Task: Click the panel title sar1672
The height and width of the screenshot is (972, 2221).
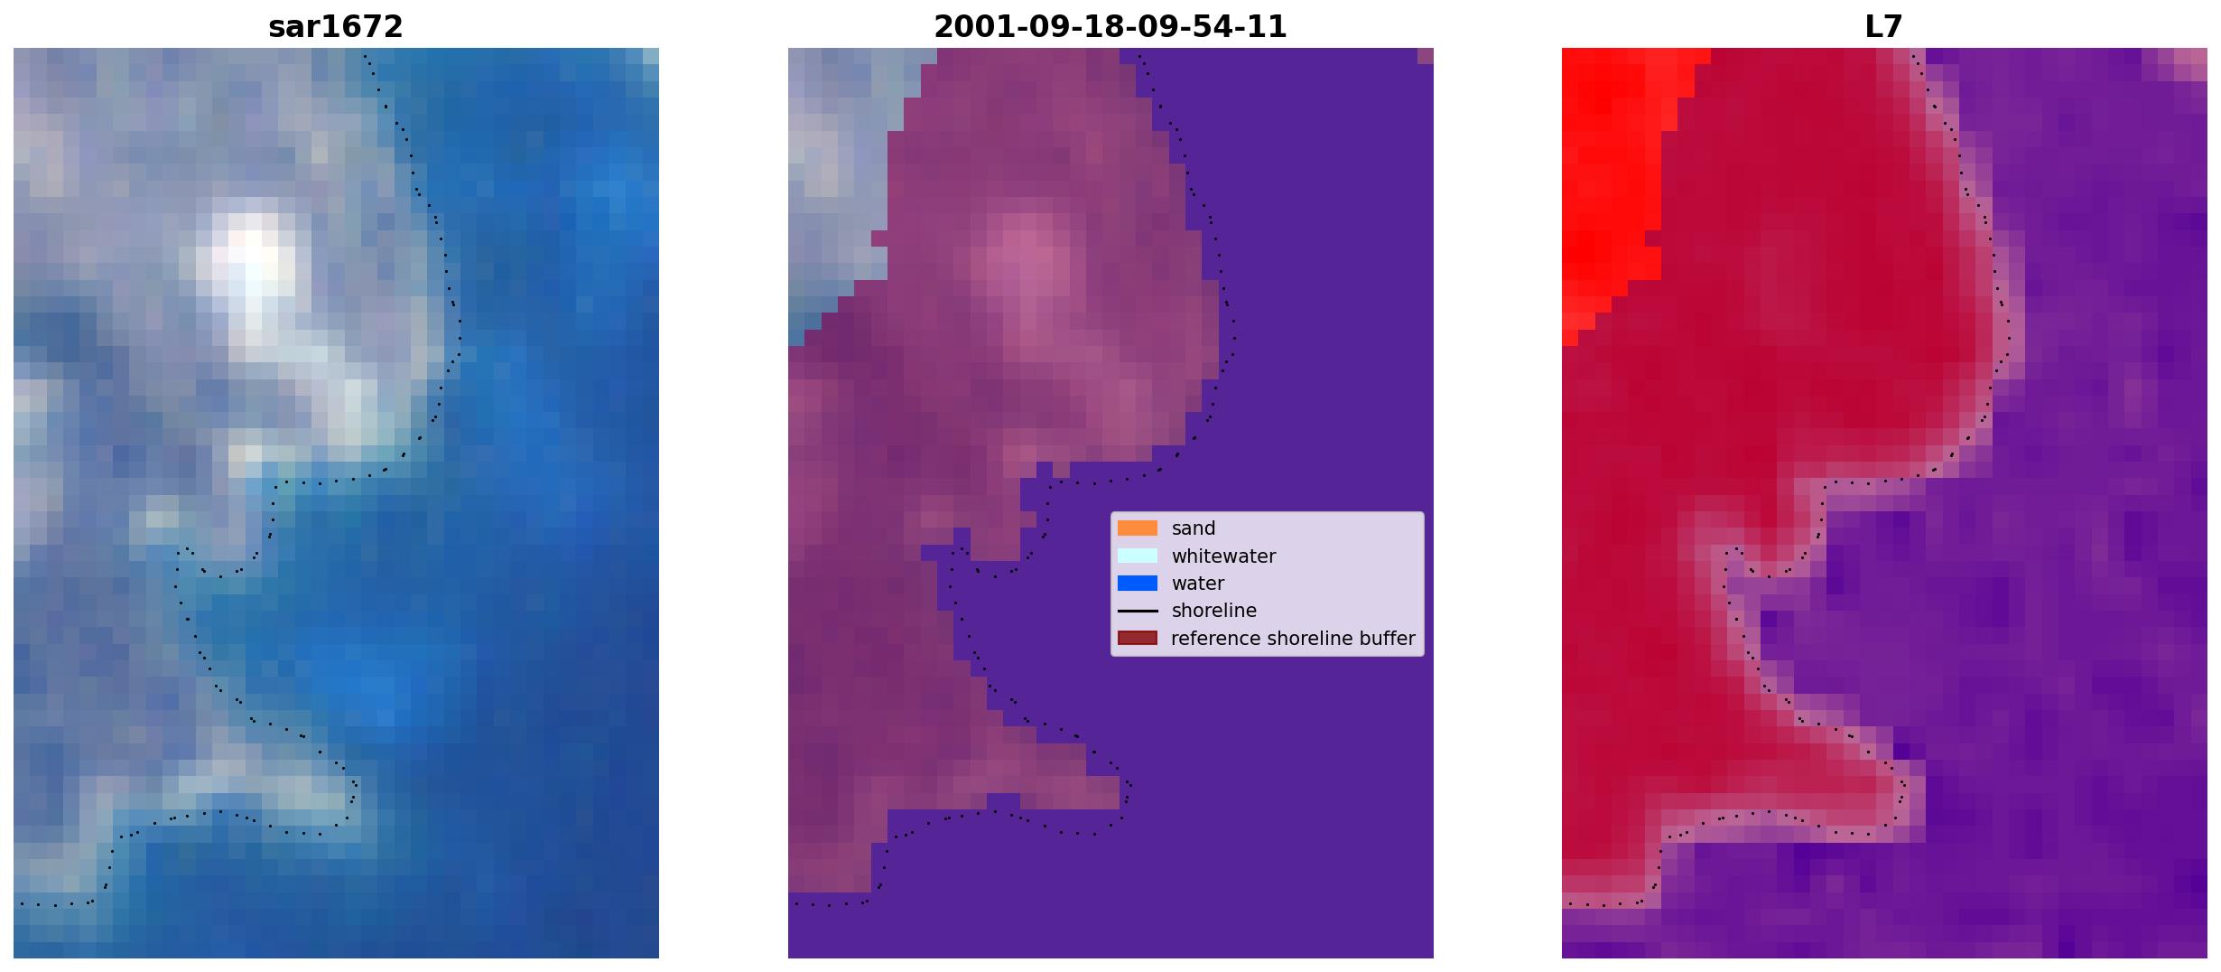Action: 335,27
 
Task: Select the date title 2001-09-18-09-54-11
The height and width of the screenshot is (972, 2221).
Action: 1110,27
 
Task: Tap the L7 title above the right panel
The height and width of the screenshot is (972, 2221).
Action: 1883,27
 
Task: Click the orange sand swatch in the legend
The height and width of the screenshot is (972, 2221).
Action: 1138,528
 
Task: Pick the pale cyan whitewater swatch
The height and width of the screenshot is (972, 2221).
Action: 1138,556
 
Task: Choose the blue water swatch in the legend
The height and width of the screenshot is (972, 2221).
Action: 1138,584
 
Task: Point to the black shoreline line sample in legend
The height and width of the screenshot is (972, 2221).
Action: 1138,612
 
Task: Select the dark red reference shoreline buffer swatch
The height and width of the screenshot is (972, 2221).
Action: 1138,639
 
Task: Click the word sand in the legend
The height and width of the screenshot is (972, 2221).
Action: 1194,528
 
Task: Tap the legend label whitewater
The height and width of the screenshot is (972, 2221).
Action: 1223,556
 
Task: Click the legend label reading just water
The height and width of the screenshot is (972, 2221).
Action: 1198,584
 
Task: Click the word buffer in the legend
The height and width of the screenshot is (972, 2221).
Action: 1389,639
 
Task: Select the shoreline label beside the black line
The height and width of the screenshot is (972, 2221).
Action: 1214,611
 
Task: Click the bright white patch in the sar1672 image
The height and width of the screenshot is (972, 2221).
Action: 249,262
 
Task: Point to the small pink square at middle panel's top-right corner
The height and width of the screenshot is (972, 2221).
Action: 1426,56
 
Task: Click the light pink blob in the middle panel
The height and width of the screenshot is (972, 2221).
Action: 1025,262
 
